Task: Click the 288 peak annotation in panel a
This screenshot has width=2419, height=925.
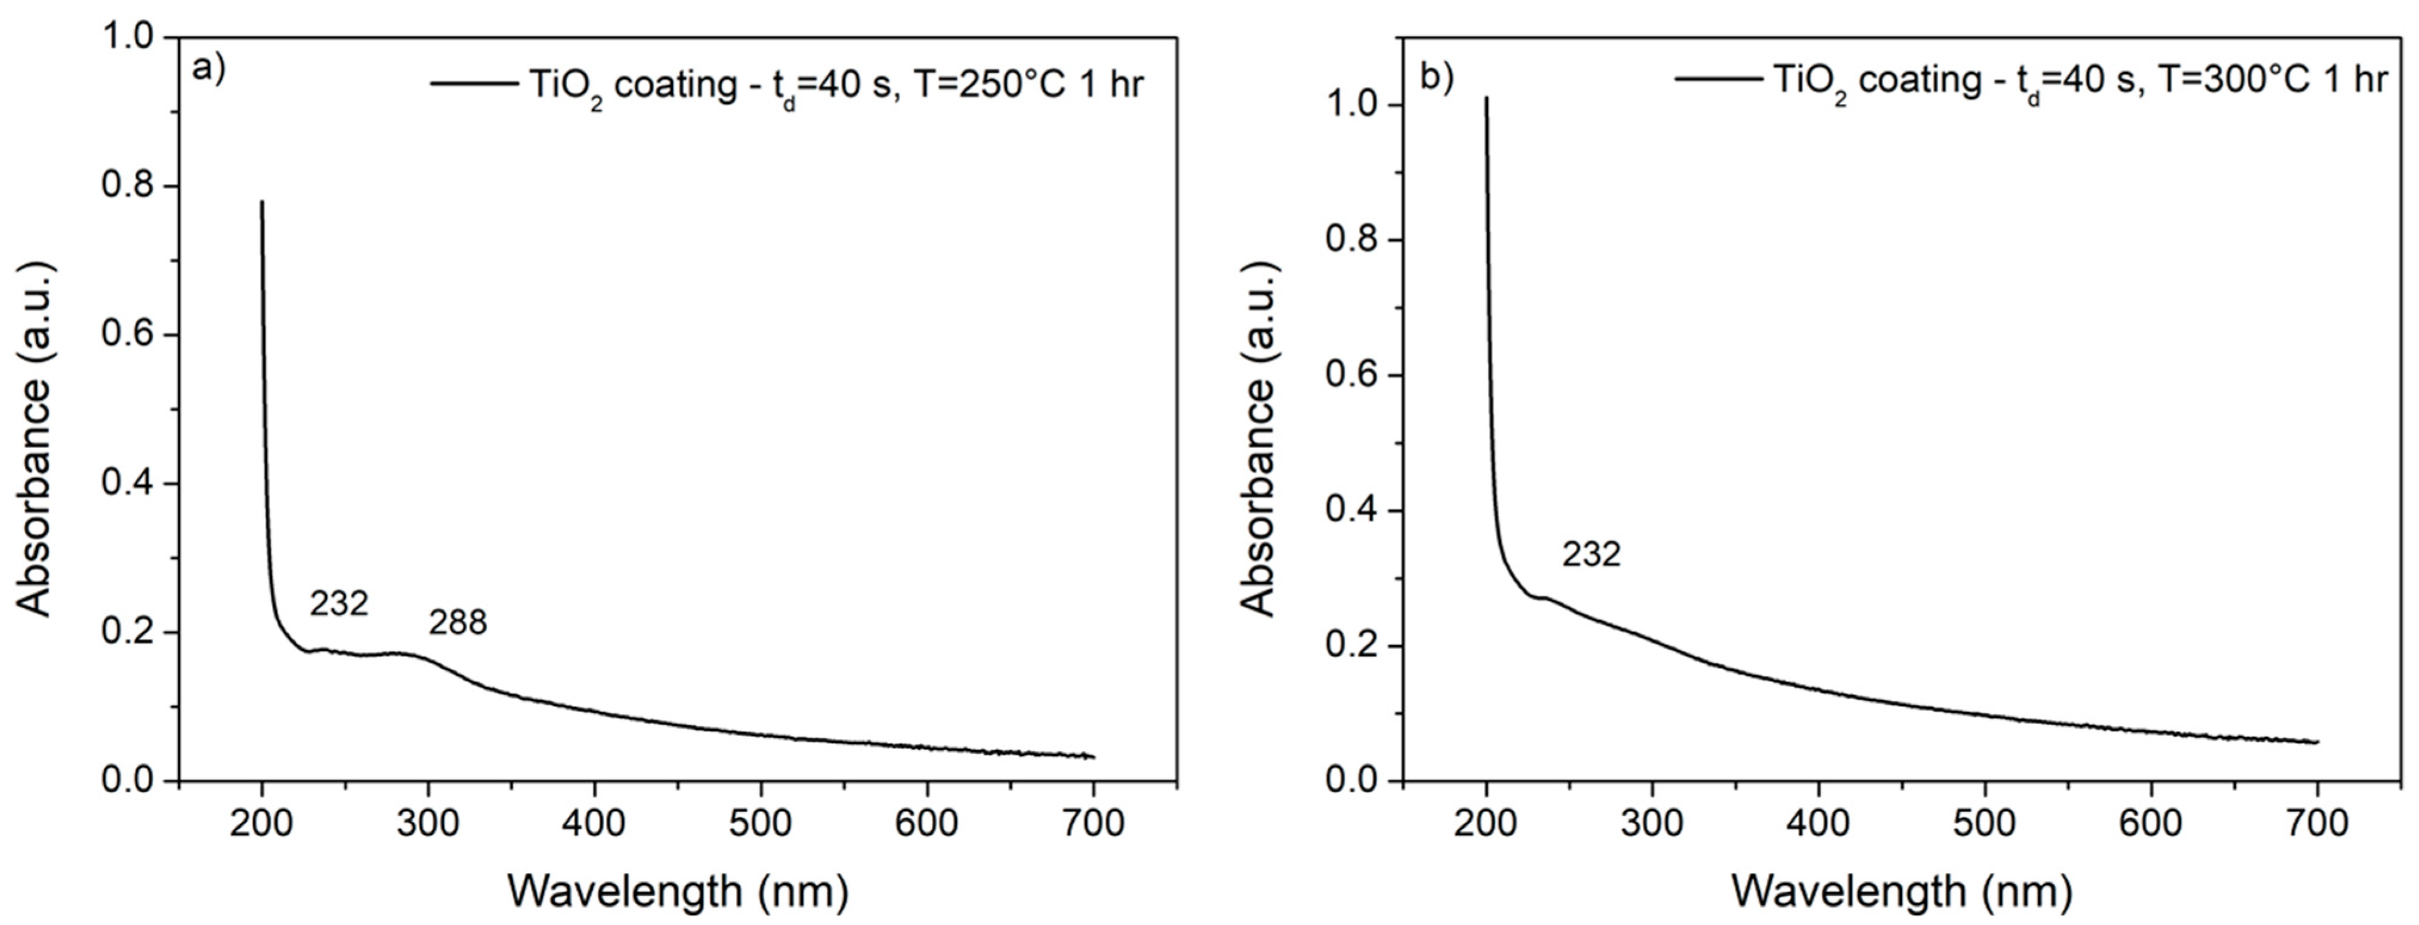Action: pos(458,622)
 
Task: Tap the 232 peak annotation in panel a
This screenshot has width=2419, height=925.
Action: pos(339,604)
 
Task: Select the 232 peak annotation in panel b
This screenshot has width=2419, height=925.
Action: pos(1592,555)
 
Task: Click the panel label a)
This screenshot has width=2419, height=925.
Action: pos(208,70)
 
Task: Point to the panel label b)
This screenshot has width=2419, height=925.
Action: pos(1436,78)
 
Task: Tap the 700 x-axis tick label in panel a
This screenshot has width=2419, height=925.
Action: pos(1093,824)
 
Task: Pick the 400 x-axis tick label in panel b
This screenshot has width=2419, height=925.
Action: pos(1819,824)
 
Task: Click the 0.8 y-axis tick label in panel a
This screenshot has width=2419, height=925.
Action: pos(129,187)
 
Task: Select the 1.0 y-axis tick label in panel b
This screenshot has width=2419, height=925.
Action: pos(1353,105)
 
